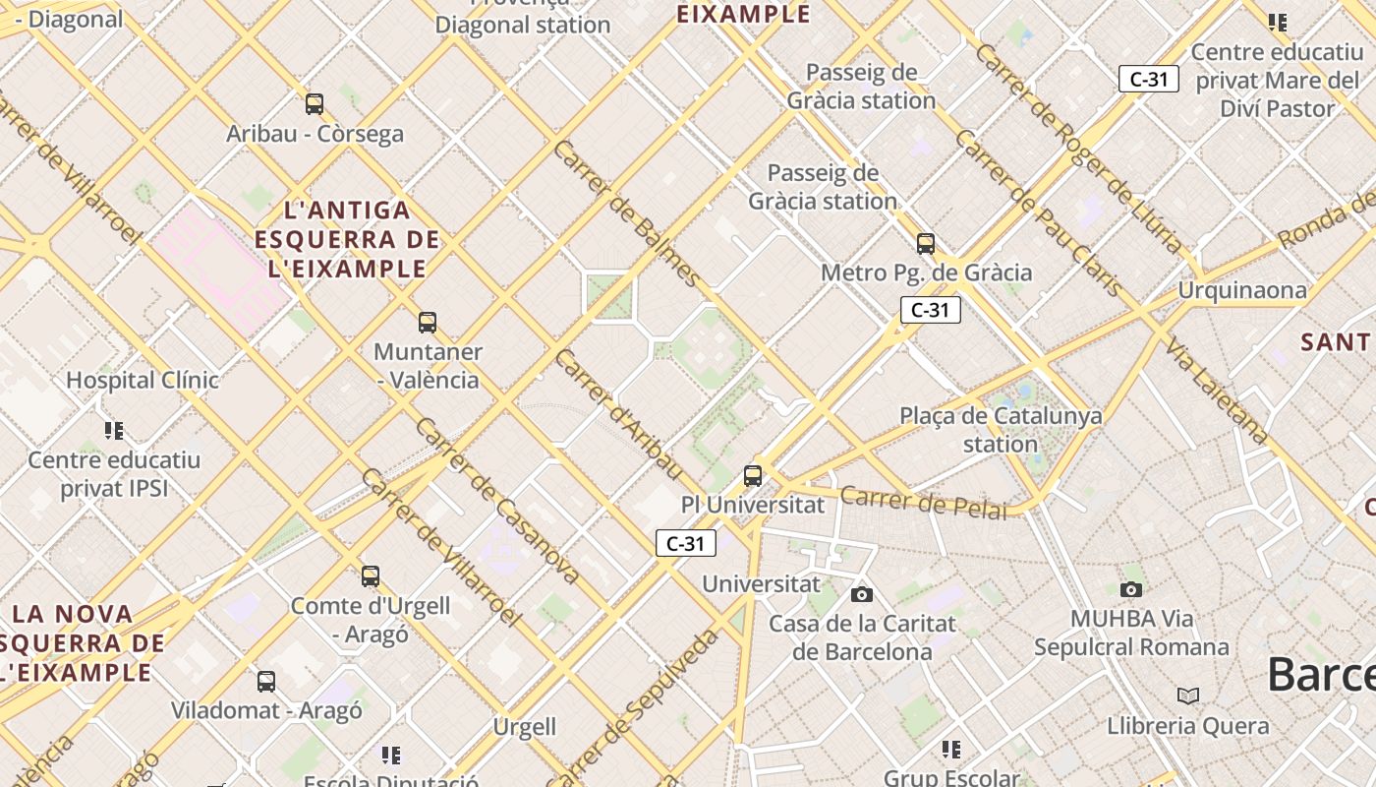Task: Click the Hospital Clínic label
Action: [x=143, y=380]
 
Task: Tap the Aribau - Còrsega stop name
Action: [x=315, y=134]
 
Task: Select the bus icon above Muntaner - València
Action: [x=428, y=322]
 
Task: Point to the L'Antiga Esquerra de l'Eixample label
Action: [x=347, y=239]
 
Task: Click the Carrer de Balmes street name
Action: [x=625, y=213]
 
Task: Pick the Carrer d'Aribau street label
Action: [x=617, y=414]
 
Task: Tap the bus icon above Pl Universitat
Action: [x=753, y=476]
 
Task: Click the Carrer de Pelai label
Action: [x=924, y=502]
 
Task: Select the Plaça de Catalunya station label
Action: [x=1001, y=430]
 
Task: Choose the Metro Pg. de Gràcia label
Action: [x=926, y=272]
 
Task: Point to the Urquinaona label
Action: [x=1242, y=290]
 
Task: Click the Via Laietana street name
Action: [x=1216, y=390]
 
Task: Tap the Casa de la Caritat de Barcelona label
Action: [x=862, y=637]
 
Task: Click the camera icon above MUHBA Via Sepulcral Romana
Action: [x=1131, y=589]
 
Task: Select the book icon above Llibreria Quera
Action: [x=1188, y=696]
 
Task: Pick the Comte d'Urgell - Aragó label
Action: [x=370, y=620]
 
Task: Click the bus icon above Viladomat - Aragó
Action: [x=266, y=681]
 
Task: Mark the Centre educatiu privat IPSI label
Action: [x=114, y=474]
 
